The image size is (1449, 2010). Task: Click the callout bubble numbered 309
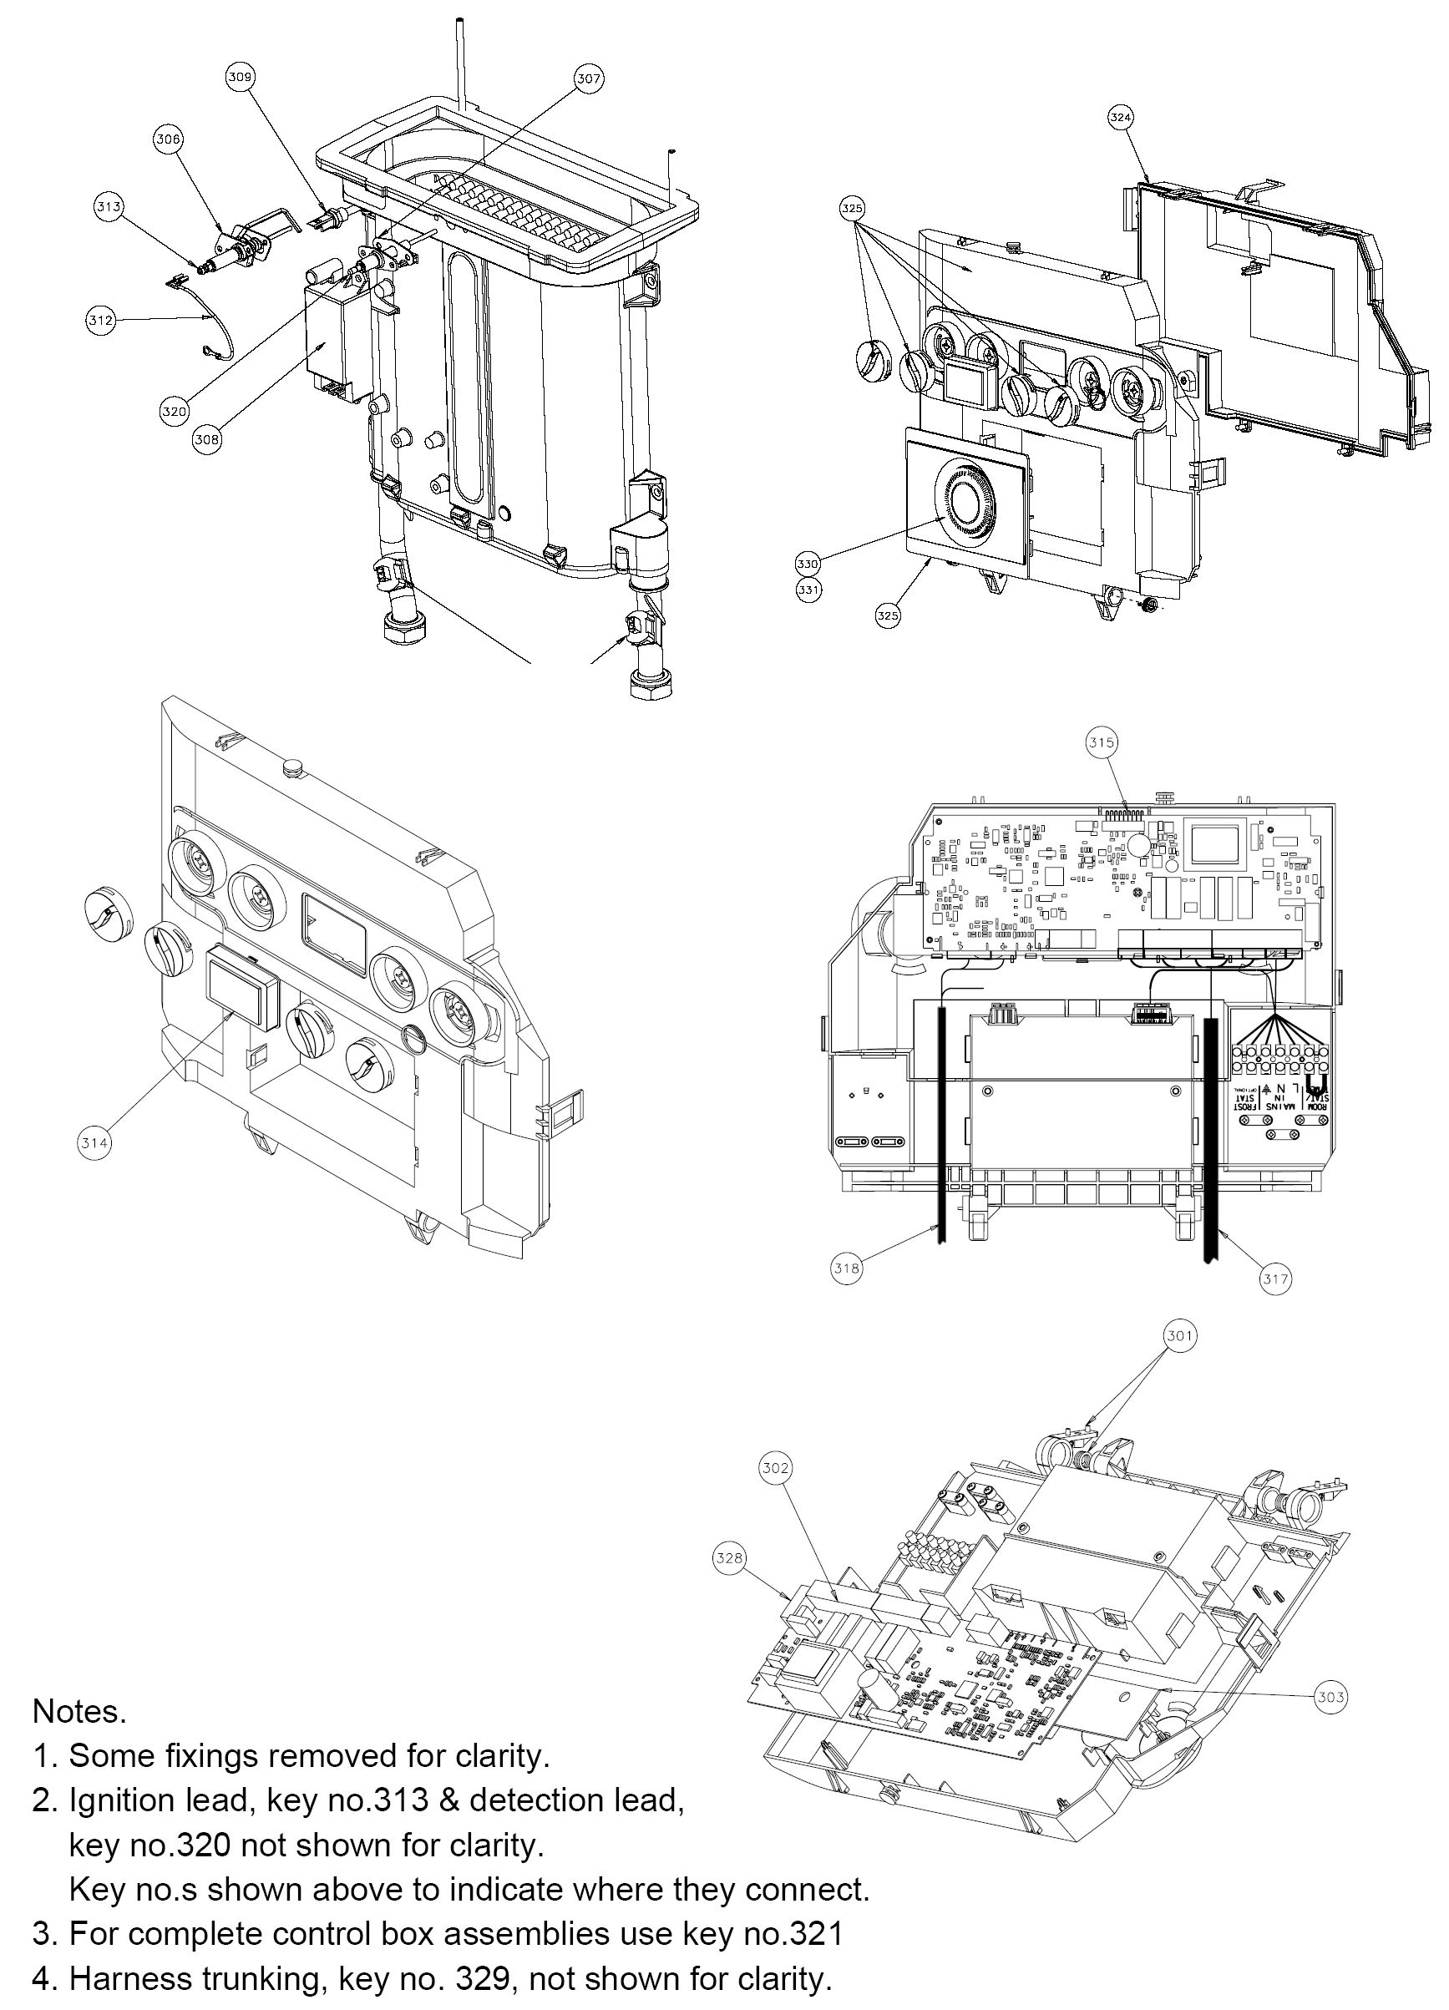pyautogui.click(x=240, y=77)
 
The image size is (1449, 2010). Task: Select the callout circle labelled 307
pyautogui.click(x=588, y=78)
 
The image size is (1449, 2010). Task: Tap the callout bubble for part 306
pyautogui.click(x=169, y=139)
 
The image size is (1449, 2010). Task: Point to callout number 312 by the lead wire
pyautogui.click(x=100, y=320)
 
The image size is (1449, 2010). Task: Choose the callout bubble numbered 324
pyautogui.click(x=1121, y=117)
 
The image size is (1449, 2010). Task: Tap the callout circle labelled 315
pyautogui.click(x=1102, y=742)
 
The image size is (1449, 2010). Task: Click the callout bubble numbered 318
pyautogui.click(x=846, y=1268)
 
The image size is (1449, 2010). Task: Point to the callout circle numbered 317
pyautogui.click(x=1276, y=1278)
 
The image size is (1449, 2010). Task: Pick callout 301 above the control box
pyautogui.click(x=1179, y=1334)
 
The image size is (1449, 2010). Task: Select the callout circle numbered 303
pyautogui.click(x=1330, y=1697)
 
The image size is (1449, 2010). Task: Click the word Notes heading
pyautogui.click(x=80, y=1711)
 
